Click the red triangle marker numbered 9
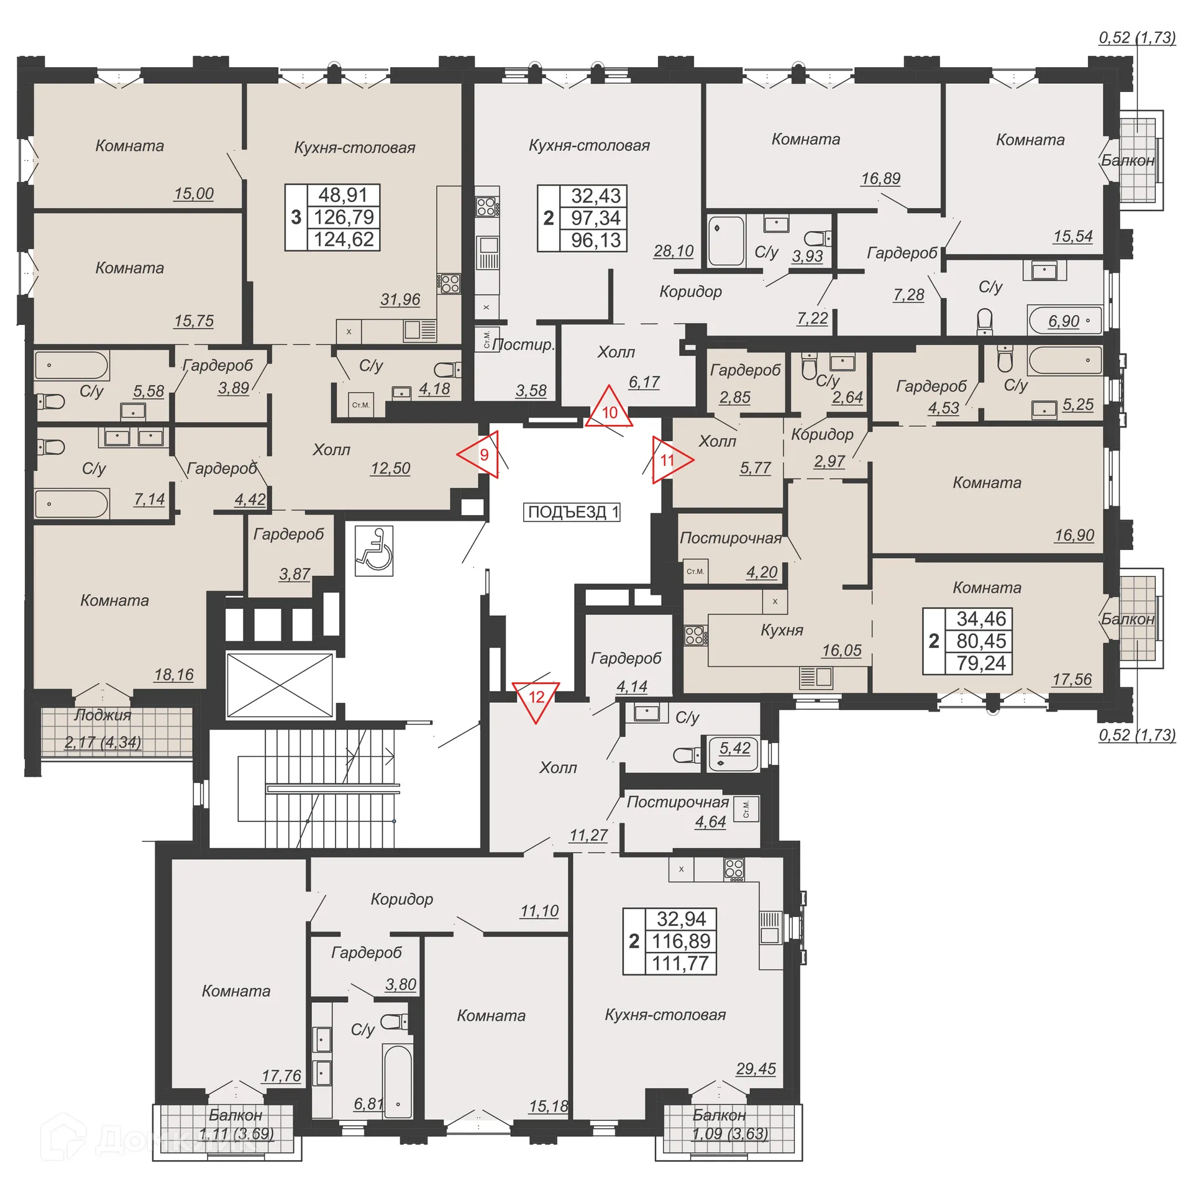pyautogui.click(x=482, y=455)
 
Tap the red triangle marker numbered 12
pyautogui.click(x=536, y=698)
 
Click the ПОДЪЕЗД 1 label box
pyautogui.click(x=572, y=512)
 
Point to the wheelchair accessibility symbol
pyautogui.click(x=373, y=551)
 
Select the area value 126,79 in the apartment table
pyautogui.click(x=344, y=217)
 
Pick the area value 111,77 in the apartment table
pyautogui.click(x=680, y=963)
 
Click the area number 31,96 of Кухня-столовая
pyautogui.click(x=400, y=299)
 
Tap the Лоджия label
pyautogui.click(x=103, y=715)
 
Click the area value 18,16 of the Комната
pyautogui.click(x=174, y=675)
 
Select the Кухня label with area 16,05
pyautogui.click(x=782, y=630)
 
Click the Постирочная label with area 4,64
pyautogui.click(x=677, y=802)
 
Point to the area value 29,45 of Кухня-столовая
pyautogui.click(x=756, y=1069)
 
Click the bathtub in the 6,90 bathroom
pyautogui.click(x=1065, y=321)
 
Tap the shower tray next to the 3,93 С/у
pyautogui.click(x=726, y=241)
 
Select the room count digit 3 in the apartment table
pyautogui.click(x=296, y=217)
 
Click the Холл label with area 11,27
pyautogui.click(x=558, y=768)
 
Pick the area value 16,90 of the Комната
pyautogui.click(x=1074, y=535)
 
